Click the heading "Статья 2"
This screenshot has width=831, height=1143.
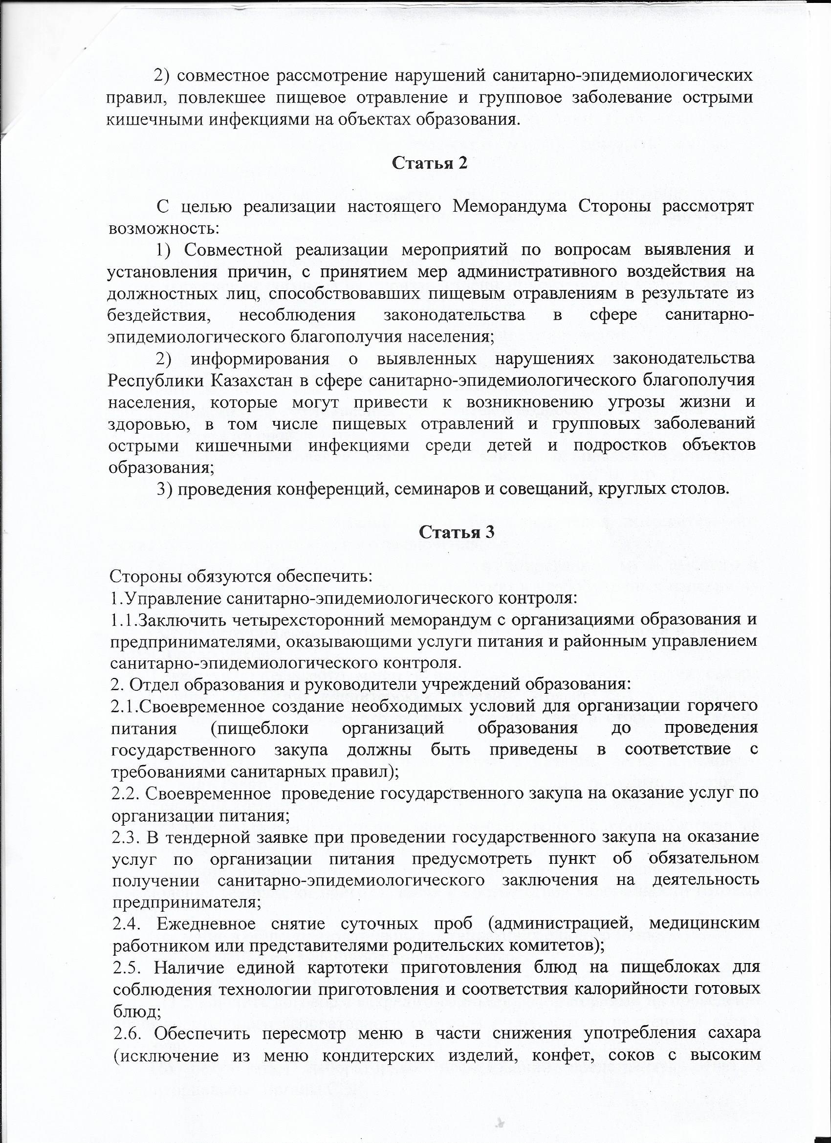coord(430,163)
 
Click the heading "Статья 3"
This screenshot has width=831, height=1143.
coord(457,533)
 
